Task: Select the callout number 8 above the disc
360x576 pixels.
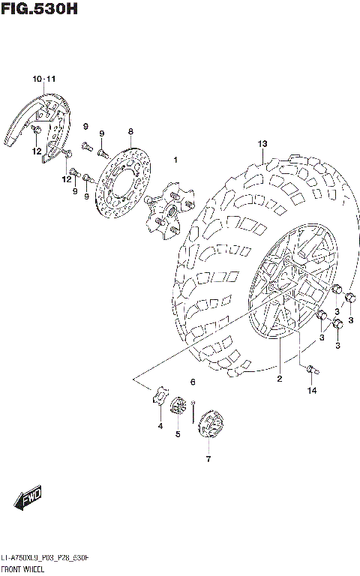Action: coord(130,131)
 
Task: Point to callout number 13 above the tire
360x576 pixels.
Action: coord(262,143)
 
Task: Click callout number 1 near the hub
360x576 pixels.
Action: coord(175,160)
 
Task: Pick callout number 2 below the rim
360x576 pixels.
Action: coord(279,379)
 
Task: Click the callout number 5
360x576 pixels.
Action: coord(178,433)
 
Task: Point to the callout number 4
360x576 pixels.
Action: coord(160,427)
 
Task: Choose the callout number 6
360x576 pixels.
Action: coord(193,382)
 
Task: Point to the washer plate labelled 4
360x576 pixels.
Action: coord(159,397)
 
